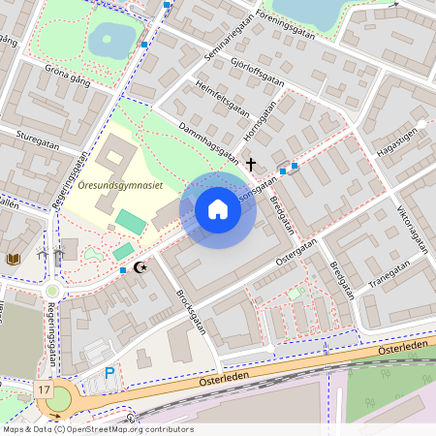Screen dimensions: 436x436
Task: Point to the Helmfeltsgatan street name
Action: (222, 96)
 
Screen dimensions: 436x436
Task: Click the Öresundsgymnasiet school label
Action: (120, 186)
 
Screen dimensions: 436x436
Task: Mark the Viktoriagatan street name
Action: (412, 229)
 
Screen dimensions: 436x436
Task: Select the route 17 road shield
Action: (44, 389)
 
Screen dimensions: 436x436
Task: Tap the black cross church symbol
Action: (252, 165)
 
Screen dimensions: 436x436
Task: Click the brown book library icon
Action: (13, 259)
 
